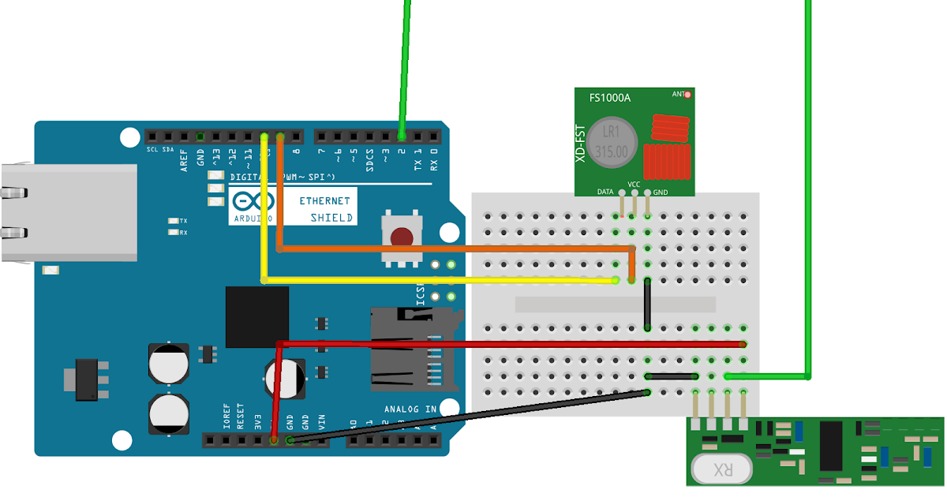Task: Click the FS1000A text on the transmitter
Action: click(610, 99)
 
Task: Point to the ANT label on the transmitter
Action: click(677, 94)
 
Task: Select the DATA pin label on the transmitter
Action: click(605, 192)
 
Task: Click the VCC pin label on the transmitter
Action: click(634, 185)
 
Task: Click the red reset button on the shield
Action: click(402, 237)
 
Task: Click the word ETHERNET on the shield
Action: click(324, 201)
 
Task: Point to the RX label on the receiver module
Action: click(721, 470)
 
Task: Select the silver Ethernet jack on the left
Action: click(67, 212)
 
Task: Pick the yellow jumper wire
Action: click(442, 280)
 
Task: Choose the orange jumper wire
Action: click(458, 248)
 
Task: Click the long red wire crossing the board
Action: click(513, 343)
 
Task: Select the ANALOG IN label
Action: click(410, 409)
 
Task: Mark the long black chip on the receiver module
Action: click(831, 445)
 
